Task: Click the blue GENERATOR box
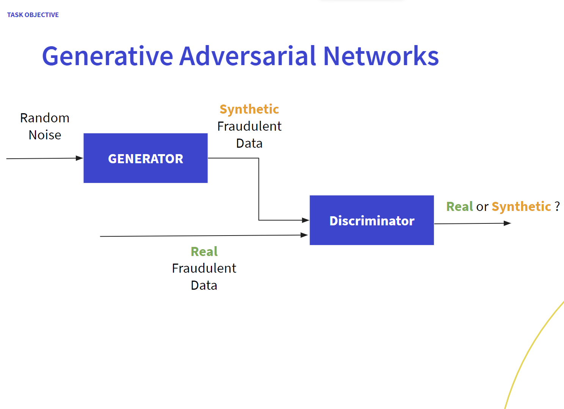pyautogui.click(x=146, y=158)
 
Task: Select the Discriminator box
pyautogui.click(x=372, y=220)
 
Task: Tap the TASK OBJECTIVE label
pyautogui.click(x=33, y=15)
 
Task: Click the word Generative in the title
pyautogui.click(x=108, y=56)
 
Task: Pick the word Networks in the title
pyautogui.click(x=381, y=56)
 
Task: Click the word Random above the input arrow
pyautogui.click(x=45, y=118)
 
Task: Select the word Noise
pyautogui.click(x=45, y=135)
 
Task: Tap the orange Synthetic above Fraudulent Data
pyautogui.click(x=249, y=109)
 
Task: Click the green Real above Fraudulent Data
pyautogui.click(x=204, y=251)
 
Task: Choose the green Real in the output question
pyautogui.click(x=459, y=206)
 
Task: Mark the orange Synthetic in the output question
pyautogui.click(x=521, y=206)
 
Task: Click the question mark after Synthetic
pyautogui.click(x=557, y=206)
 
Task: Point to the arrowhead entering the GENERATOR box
pyautogui.click(x=80, y=158)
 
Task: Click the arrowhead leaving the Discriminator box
pyautogui.click(x=507, y=223)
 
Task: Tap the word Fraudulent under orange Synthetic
pyautogui.click(x=249, y=126)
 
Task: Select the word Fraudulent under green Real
pyautogui.click(x=204, y=268)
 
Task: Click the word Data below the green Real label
pyautogui.click(x=204, y=285)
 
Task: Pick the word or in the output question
pyautogui.click(x=482, y=207)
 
